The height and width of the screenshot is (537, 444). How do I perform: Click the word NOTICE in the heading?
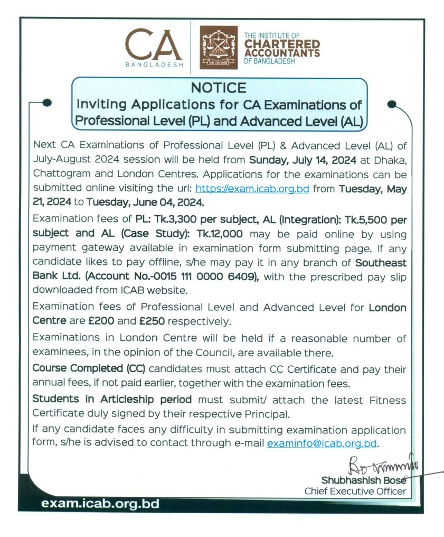click(219, 88)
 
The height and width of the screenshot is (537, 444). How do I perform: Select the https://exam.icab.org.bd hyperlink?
click(252, 188)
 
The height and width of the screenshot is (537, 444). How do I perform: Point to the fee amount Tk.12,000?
click(213, 234)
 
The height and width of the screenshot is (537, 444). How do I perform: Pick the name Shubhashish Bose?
click(364, 480)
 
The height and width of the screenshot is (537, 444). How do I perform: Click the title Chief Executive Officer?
click(355, 492)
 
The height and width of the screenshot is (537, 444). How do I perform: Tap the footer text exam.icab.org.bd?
click(100, 504)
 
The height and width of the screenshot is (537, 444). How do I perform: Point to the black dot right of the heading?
click(391, 104)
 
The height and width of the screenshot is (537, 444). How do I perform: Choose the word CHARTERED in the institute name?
click(281, 44)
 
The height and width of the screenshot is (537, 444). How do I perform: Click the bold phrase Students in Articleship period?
click(112, 400)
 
